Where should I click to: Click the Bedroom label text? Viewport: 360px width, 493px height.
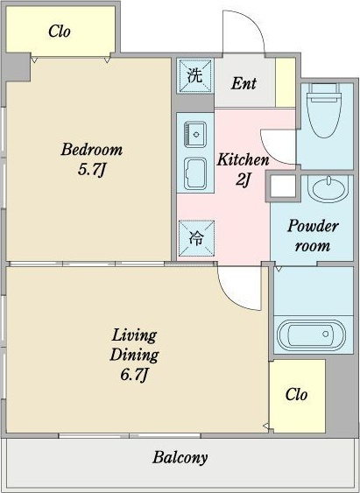click(91, 150)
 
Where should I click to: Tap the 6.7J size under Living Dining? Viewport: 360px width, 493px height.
click(134, 375)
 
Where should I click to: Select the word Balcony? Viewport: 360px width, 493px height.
click(180, 457)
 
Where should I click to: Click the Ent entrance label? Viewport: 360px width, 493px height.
click(244, 83)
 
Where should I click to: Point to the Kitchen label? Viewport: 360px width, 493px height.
click(243, 159)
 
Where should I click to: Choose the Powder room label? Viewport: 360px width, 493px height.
click(313, 236)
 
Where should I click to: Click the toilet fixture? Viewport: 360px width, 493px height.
click(324, 110)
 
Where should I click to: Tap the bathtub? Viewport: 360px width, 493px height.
click(311, 335)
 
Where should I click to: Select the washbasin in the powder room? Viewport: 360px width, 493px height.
click(328, 188)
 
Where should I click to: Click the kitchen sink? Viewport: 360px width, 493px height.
click(195, 135)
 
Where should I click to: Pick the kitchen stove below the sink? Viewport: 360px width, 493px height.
click(195, 173)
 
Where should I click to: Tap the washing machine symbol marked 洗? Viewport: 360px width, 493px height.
click(195, 76)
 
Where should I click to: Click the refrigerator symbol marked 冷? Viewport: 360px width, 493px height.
click(196, 238)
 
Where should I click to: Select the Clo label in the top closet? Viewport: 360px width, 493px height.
click(60, 32)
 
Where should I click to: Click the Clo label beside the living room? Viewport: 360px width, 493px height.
click(296, 394)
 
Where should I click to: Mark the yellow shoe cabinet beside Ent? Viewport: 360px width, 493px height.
click(286, 83)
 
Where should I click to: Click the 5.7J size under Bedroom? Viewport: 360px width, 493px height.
click(90, 171)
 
